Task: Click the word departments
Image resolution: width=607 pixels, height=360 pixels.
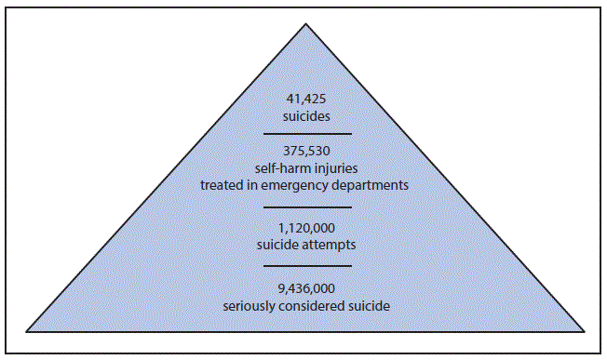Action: click(377, 185)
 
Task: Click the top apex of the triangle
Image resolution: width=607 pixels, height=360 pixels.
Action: click(304, 18)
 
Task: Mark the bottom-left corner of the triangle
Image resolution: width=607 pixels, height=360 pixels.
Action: click(27, 330)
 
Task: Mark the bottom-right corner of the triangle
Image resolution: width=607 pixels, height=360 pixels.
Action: click(584, 330)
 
